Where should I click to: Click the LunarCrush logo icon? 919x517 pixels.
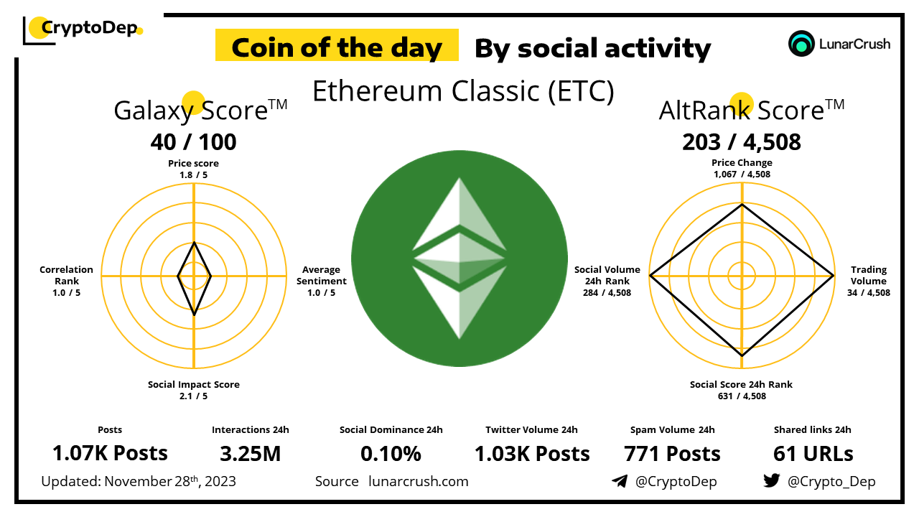click(x=801, y=44)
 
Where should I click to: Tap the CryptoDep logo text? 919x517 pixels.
click(x=90, y=28)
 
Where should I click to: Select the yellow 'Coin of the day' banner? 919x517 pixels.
click(x=337, y=45)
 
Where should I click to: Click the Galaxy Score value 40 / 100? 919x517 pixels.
click(x=193, y=142)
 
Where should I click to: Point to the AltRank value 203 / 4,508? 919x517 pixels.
click(x=742, y=142)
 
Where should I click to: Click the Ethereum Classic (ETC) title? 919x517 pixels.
click(x=463, y=90)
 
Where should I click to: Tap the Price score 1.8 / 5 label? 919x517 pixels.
click(x=193, y=169)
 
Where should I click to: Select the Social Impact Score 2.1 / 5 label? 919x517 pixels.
click(x=194, y=390)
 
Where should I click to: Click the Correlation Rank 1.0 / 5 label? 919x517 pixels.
click(x=67, y=281)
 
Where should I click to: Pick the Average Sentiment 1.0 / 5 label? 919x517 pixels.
click(x=321, y=281)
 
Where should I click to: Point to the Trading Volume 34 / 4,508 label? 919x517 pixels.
click(x=869, y=281)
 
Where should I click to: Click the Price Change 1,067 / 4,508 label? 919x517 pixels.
click(x=742, y=168)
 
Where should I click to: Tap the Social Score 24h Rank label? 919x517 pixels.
click(x=741, y=384)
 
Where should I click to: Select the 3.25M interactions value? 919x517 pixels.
click(x=251, y=454)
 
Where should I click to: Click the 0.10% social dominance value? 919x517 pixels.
click(x=391, y=454)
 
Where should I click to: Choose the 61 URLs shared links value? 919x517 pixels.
click(x=813, y=454)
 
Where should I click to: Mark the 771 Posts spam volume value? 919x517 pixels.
click(x=672, y=454)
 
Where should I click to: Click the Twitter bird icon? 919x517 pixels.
click(x=771, y=480)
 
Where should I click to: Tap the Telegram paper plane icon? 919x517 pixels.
click(x=620, y=481)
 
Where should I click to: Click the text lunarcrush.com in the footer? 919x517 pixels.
click(x=419, y=481)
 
